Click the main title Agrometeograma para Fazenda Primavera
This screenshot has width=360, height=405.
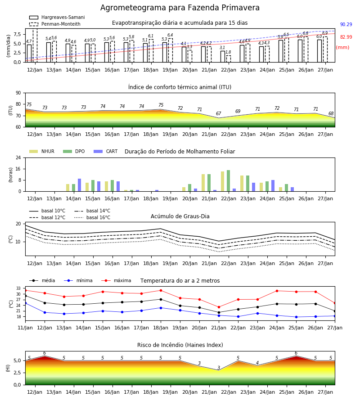pyautogui.click(x=180, y=8)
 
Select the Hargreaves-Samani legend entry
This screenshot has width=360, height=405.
pyautogui.click(x=57, y=17)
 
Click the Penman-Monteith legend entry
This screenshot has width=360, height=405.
pyautogui.click(x=55, y=24)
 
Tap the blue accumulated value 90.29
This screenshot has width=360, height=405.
pyautogui.click(x=346, y=25)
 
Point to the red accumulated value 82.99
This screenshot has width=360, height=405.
pyautogui.click(x=346, y=37)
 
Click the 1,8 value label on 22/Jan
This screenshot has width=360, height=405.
pyautogui.click(x=228, y=52)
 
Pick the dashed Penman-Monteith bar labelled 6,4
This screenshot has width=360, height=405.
pyautogui.click(x=171, y=50)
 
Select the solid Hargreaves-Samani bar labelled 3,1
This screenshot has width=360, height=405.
pyautogui.click(x=223, y=57)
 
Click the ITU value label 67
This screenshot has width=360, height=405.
pyautogui.click(x=219, y=114)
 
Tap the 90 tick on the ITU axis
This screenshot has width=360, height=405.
pyautogui.click(x=18, y=93)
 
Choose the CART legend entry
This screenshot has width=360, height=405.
pyautogui.click(x=106, y=151)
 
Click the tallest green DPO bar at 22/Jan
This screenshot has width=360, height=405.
pyautogui.click(x=228, y=181)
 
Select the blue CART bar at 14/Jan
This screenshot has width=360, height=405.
pyautogui.click(x=79, y=185)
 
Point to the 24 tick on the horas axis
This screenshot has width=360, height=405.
pyautogui.click(x=18, y=157)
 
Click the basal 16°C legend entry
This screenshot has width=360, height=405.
pyautogui.click(x=92, y=217)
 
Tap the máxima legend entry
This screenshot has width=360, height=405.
pyautogui.click(x=116, y=280)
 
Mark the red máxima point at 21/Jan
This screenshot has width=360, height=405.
pyautogui.click(x=219, y=307)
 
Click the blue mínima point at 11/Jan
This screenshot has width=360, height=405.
pyautogui.click(x=26, y=303)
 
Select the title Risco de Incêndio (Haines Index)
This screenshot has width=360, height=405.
pyautogui.click(x=180, y=345)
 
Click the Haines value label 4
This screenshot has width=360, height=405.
pyautogui.click(x=257, y=363)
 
